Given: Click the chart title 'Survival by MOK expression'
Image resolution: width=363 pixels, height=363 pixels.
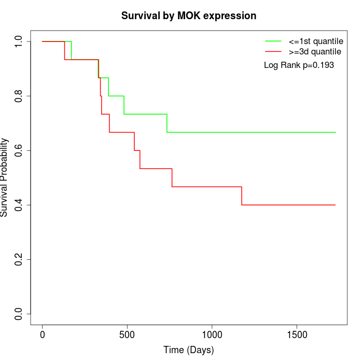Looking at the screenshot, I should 189,16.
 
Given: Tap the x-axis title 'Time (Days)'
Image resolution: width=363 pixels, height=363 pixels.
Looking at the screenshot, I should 189,350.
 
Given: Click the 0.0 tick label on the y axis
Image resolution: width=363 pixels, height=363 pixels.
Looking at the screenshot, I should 19,314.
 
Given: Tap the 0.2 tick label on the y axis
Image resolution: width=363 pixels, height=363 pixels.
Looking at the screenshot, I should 19,259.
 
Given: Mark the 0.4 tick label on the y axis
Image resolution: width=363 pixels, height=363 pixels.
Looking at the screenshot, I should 19,205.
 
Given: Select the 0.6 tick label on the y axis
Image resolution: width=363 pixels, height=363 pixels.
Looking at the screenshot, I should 19,150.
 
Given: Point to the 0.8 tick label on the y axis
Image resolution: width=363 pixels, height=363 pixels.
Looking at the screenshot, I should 19,96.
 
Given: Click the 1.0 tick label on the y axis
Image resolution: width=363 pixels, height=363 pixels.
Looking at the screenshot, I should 19,41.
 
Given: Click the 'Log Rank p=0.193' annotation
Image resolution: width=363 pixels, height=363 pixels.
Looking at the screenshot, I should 299,65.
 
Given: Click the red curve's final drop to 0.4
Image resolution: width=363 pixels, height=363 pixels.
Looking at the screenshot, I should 242,196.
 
